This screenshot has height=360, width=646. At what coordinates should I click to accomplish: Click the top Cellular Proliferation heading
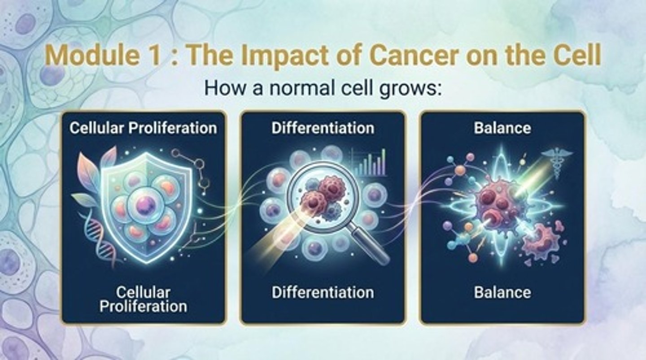(143, 128)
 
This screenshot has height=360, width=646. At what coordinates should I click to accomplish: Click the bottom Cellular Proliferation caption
(143, 299)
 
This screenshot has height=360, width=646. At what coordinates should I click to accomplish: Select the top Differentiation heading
(323, 128)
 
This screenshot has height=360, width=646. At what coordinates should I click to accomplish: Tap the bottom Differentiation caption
(323, 293)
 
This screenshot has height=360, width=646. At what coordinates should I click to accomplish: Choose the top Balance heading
(502, 128)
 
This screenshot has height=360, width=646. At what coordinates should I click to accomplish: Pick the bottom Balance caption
(502, 293)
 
